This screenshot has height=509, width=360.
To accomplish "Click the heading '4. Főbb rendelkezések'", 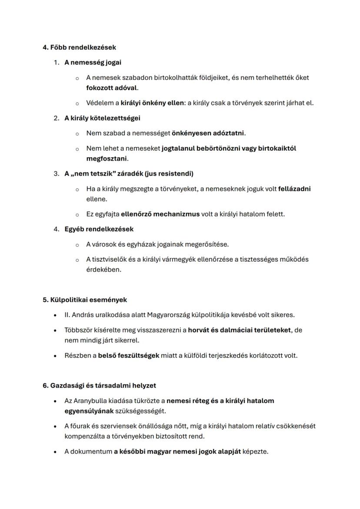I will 79,47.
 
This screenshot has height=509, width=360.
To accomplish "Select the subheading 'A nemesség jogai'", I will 93,62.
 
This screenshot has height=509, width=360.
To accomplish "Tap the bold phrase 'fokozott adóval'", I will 111,88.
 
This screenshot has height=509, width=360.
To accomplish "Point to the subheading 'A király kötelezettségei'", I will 102,118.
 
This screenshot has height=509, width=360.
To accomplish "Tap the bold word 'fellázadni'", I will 294,189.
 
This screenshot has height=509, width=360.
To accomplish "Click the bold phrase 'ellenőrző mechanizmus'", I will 160,214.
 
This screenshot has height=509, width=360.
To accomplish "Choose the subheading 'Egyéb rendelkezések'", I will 99,229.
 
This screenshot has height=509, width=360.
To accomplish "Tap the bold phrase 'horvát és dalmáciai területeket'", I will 240,330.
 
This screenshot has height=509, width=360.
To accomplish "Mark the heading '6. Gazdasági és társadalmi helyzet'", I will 99,385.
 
